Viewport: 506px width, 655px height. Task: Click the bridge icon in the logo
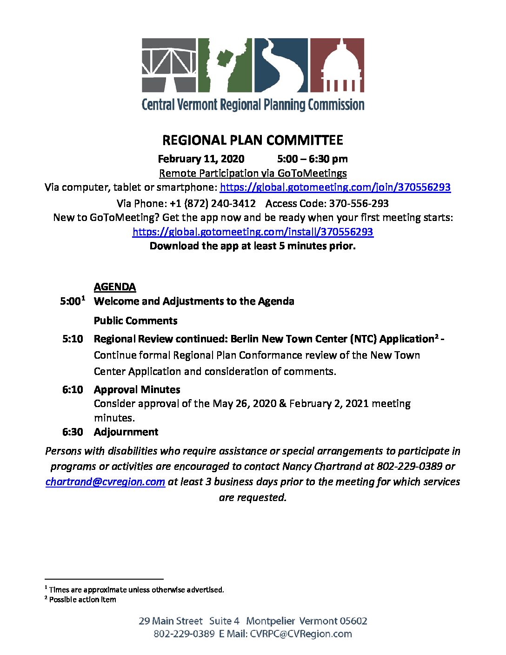(169, 65)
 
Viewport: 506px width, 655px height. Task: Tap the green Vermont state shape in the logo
(225, 65)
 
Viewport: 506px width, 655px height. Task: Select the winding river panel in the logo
(281, 65)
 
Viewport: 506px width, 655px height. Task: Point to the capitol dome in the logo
(337, 65)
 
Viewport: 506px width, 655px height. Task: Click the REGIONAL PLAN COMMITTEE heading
(253, 140)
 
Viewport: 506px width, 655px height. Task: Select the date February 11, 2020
(201, 159)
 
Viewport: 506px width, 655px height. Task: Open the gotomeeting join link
(335, 187)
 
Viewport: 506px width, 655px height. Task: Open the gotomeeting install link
(253, 232)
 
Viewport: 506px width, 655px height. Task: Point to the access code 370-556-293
(359, 203)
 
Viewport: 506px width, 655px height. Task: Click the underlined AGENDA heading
(115, 287)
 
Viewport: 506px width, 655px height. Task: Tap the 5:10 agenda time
(73, 339)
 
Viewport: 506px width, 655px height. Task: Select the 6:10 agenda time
(73, 390)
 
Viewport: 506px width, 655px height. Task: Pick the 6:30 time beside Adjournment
(73, 432)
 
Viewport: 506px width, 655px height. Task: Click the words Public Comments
(135, 321)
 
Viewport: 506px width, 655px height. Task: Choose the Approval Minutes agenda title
(137, 390)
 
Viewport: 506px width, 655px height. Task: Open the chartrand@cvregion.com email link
(105, 482)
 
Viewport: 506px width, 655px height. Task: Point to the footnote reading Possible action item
(82, 600)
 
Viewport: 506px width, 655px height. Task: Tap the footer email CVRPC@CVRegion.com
(301, 634)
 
